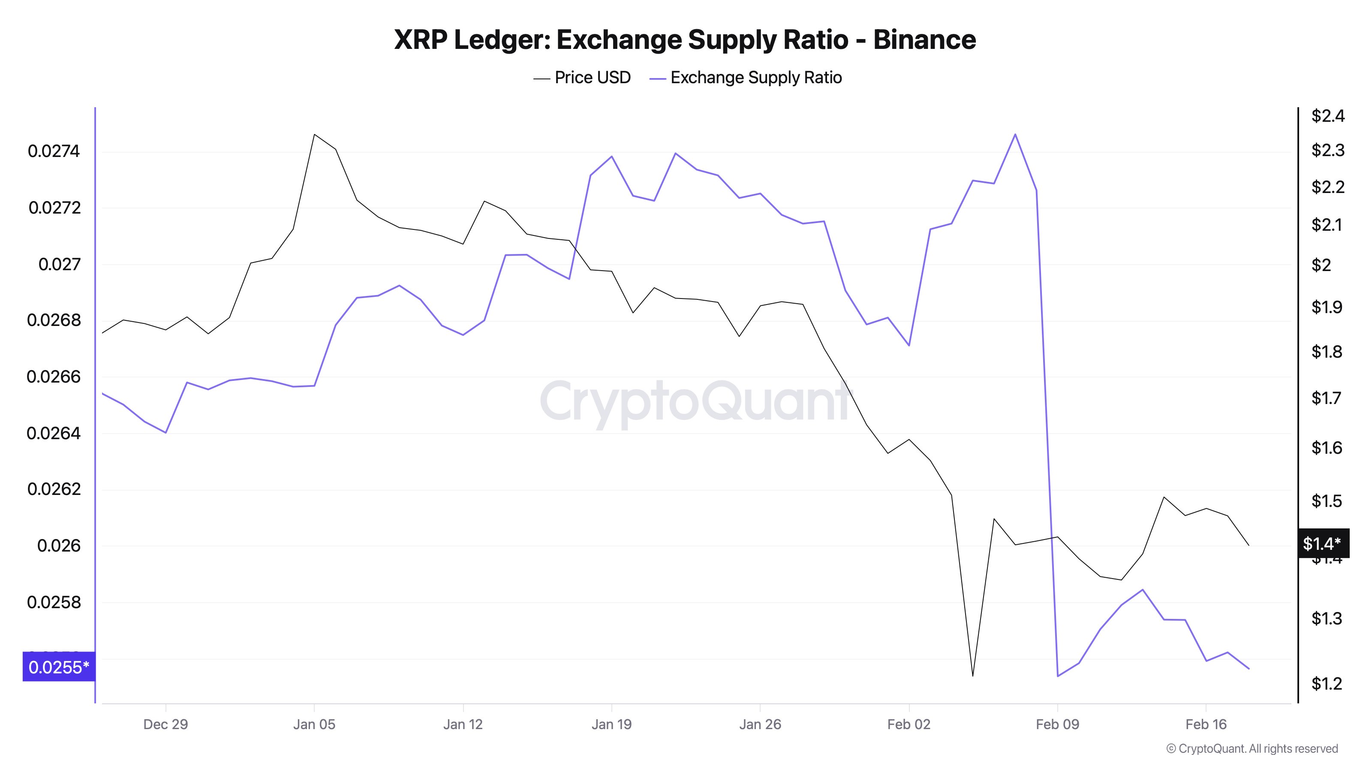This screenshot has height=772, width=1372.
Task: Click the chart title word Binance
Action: tap(924, 40)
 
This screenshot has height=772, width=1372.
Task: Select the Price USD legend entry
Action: tap(582, 78)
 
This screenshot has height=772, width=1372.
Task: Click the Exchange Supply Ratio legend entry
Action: tap(746, 78)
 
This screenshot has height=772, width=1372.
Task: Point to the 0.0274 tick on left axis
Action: tap(54, 151)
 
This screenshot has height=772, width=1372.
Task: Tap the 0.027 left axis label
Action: tap(59, 264)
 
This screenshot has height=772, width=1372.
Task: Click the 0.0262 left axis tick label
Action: tap(54, 489)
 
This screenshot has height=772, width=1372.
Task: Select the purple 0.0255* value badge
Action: tap(59, 667)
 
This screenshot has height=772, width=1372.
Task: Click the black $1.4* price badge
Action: tap(1322, 543)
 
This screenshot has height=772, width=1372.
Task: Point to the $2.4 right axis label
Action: tap(1327, 116)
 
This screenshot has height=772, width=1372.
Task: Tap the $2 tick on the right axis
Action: tap(1321, 265)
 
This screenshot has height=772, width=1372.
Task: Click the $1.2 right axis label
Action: tap(1326, 684)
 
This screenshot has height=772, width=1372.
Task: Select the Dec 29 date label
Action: tap(165, 724)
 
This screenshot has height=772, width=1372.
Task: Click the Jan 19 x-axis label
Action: tap(611, 724)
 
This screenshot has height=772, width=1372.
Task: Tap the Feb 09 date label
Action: tap(1057, 724)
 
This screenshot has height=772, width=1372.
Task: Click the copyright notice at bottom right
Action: tap(1252, 748)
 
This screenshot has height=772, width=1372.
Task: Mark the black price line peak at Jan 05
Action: tap(314, 134)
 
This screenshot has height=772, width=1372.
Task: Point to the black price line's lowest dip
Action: tap(972, 675)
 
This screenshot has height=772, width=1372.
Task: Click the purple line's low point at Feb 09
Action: tap(1058, 676)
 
